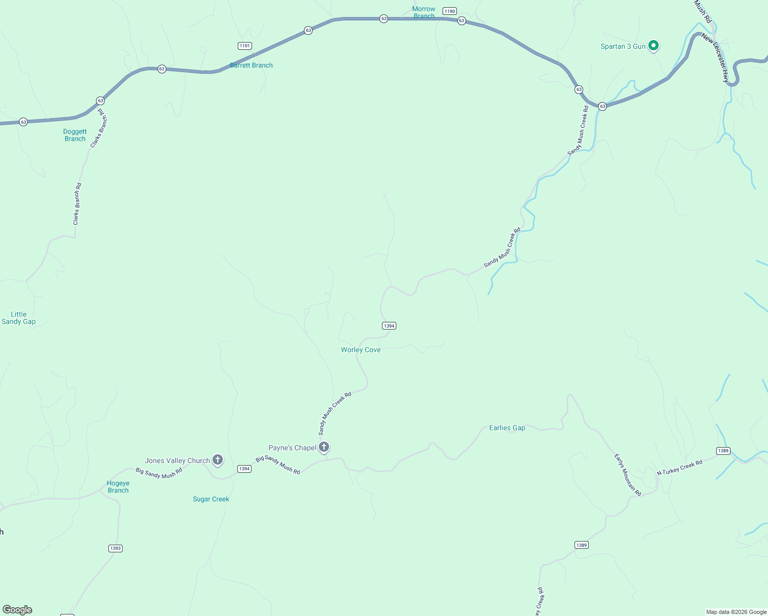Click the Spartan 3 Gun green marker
[x=653, y=46]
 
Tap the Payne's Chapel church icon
[x=324, y=447]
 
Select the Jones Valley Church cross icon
[x=218, y=460]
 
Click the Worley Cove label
[x=361, y=350]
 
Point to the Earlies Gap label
[x=507, y=428]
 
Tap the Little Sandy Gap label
[x=18, y=318]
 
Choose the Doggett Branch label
[x=75, y=135]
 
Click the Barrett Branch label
[x=252, y=65]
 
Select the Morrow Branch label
[x=424, y=12]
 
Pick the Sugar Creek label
[x=211, y=499]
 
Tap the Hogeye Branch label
[x=118, y=487]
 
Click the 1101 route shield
[x=245, y=46]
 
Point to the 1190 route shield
[x=450, y=11]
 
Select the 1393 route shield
[x=116, y=548]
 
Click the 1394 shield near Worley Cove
[x=389, y=325]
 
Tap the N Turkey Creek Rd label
[x=680, y=468]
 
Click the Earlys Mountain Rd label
[x=628, y=475]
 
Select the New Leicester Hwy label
[x=715, y=58]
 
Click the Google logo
[x=17, y=610]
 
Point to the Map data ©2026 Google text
[x=736, y=612]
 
